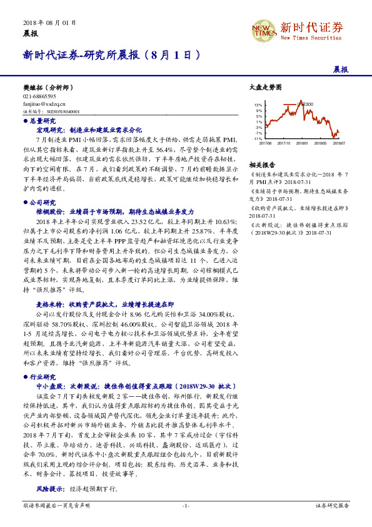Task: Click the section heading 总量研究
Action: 43,120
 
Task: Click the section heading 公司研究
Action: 43,203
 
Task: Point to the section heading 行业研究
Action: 43,377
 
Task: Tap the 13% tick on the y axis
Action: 258,105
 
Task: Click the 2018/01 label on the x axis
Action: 301,143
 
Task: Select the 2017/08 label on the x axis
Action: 265,143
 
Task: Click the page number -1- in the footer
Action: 186,504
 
